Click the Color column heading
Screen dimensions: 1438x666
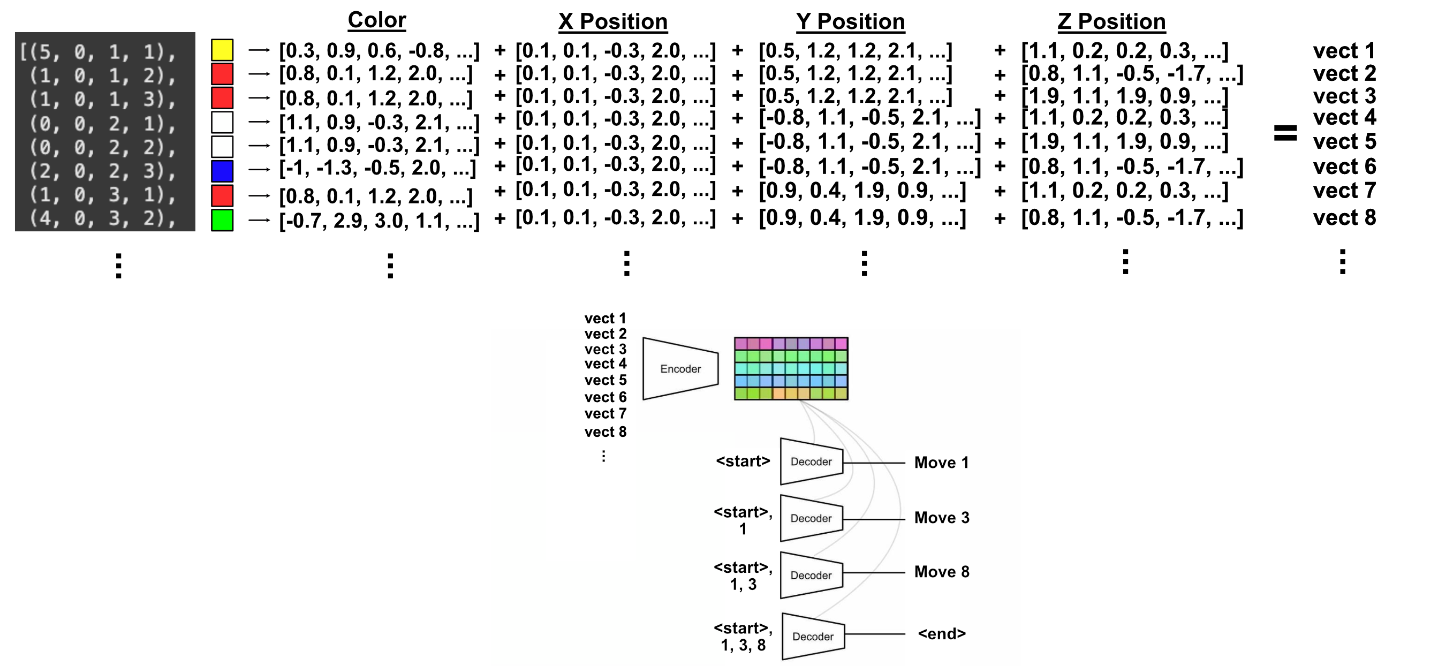(x=377, y=20)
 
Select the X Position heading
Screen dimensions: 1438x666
(x=613, y=21)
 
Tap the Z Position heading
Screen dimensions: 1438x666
(x=1111, y=21)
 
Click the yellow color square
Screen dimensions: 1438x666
(x=222, y=50)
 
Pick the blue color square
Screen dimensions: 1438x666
(x=222, y=171)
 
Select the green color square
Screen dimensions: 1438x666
(x=222, y=220)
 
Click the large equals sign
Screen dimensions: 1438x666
(x=1285, y=133)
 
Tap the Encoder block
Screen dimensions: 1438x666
(x=680, y=368)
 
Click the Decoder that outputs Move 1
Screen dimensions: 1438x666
(x=812, y=461)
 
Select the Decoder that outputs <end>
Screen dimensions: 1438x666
(x=813, y=637)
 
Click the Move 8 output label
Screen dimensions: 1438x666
(x=942, y=572)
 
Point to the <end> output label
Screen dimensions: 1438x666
(x=942, y=634)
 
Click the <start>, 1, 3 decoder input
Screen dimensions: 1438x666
(x=743, y=576)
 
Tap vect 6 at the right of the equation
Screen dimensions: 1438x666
(x=1344, y=166)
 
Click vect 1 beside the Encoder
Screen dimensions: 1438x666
(x=605, y=318)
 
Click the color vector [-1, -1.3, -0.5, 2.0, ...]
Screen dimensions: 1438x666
(x=377, y=168)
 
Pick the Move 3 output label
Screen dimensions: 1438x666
(x=942, y=518)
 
